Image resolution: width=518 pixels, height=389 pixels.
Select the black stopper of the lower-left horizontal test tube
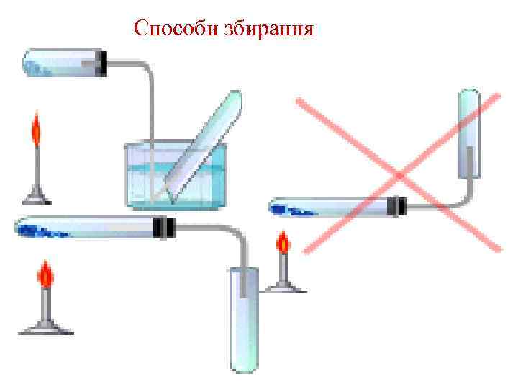point(165,228)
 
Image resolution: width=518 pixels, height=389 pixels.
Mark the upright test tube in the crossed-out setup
point(470,133)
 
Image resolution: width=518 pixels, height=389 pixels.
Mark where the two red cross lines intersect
point(399,175)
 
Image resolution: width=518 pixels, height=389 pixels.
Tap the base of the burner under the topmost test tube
point(36,195)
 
